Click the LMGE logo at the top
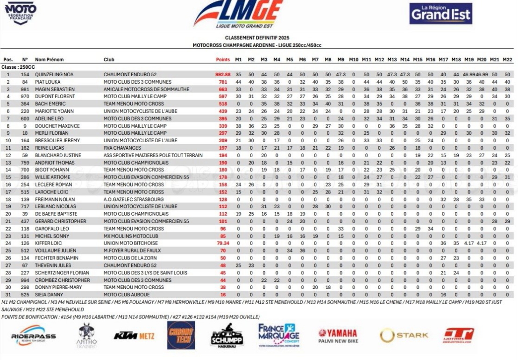238,14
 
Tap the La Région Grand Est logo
440,14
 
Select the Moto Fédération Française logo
21,13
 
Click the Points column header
223,60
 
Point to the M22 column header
507,60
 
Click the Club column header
108,60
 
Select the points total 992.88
223,75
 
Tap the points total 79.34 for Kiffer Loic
223,244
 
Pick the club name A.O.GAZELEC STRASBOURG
133,200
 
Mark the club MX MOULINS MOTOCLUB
131,236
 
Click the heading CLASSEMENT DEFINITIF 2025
256,38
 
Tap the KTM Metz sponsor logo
134,336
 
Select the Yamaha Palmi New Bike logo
338,336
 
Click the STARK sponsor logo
404,335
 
